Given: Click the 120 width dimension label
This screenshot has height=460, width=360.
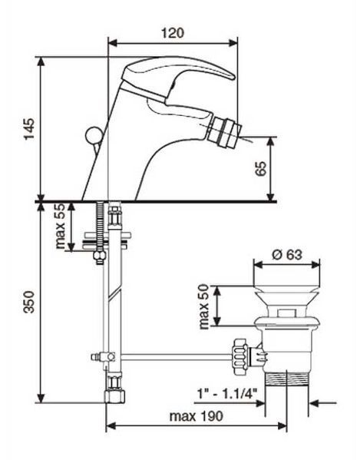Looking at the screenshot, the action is coord(173,32).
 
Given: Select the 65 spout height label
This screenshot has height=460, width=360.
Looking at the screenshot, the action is coord(261,168).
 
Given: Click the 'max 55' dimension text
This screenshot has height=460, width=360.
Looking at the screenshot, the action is coord(60,227).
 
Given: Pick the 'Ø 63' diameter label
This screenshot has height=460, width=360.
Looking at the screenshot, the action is coord(286,254).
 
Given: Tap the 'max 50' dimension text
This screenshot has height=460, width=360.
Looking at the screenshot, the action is coord(203,306).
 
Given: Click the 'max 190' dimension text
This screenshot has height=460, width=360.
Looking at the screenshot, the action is coord(197,416).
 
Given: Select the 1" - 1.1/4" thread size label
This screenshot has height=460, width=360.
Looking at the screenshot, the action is coord(226,393).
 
